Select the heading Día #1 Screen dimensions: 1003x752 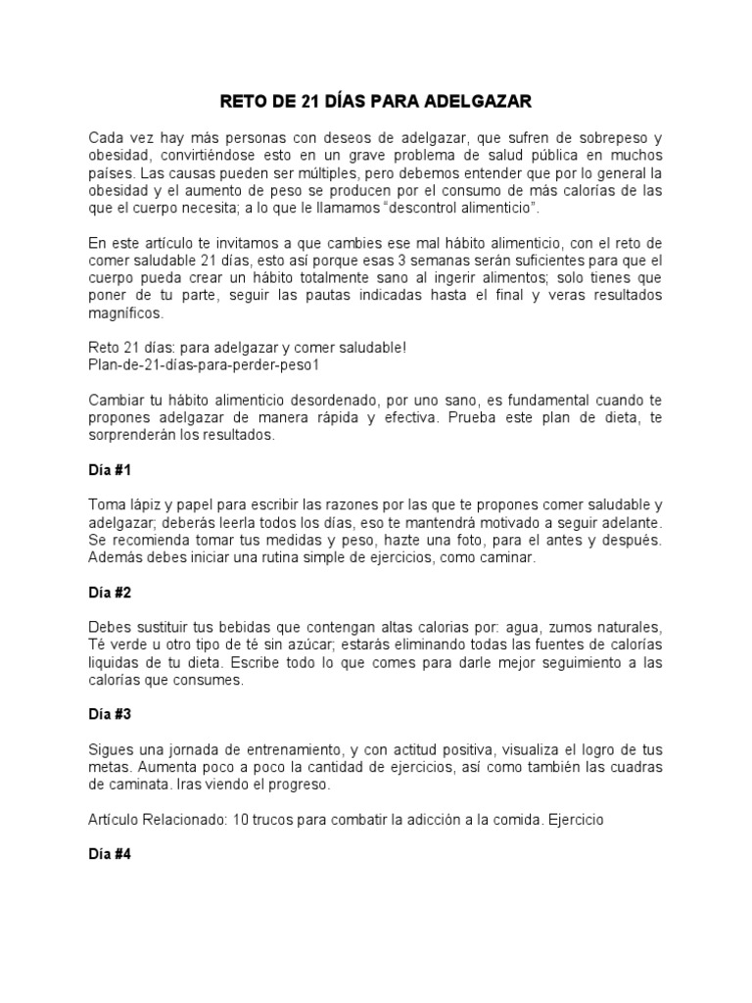(x=109, y=470)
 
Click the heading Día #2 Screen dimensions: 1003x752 (x=109, y=593)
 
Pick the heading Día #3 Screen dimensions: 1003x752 (x=109, y=714)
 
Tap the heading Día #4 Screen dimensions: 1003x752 (x=109, y=853)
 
